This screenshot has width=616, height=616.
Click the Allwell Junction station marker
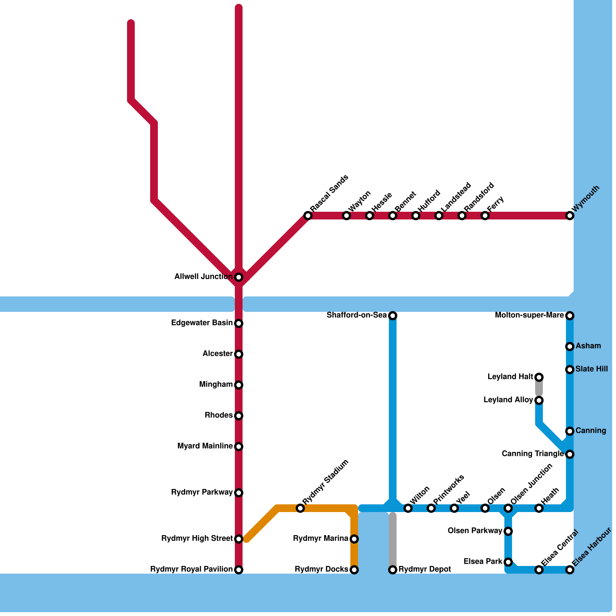pyautogui.click(x=239, y=277)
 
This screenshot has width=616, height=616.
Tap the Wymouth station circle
pyautogui.click(x=570, y=216)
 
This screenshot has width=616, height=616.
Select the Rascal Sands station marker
pyautogui.click(x=308, y=216)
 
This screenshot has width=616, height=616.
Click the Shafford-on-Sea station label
pyautogui.click(x=357, y=315)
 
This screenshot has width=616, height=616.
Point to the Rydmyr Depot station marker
pyautogui.click(x=393, y=570)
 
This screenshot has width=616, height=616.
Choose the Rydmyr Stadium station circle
pyautogui.click(x=300, y=508)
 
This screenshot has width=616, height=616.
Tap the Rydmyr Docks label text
pyautogui.click(x=321, y=569)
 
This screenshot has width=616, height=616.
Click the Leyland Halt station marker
pyautogui.click(x=539, y=377)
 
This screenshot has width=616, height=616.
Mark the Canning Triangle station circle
pyautogui.click(x=570, y=454)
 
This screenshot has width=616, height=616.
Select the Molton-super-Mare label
pyautogui.click(x=529, y=315)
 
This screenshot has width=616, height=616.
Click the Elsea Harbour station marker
pyautogui.click(x=570, y=570)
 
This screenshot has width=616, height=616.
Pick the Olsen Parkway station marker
pyautogui.click(x=508, y=531)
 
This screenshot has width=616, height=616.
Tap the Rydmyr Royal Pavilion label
pyautogui.click(x=191, y=569)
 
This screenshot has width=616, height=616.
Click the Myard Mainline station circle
pyautogui.click(x=239, y=447)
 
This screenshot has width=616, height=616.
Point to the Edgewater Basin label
pyautogui.click(x=202, y=323)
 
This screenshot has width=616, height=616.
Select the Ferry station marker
pyautogui.click(x=485, y=216)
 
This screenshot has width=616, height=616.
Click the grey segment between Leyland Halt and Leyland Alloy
pyautogui.click(x=539, y=389)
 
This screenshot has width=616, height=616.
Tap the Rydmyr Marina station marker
pyautogui.click(x=354, y=539)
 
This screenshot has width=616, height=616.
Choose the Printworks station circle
pyautogui.click(x=431, y=508)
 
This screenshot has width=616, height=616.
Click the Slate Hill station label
pyautogui.click(x=592, y=369)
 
